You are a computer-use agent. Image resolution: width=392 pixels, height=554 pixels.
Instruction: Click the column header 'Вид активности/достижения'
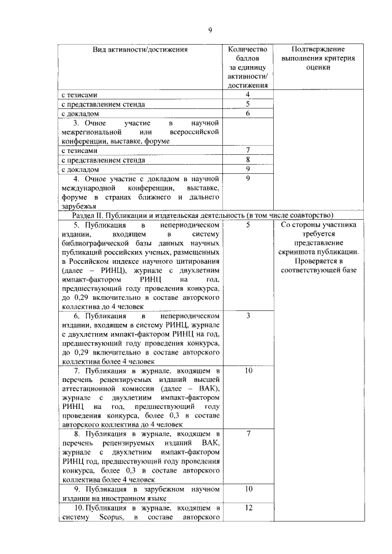pos(140,49)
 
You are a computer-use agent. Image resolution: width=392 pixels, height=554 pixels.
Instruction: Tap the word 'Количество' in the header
pos(247,49)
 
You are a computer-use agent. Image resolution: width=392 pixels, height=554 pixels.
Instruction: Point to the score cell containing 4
pos(247,95)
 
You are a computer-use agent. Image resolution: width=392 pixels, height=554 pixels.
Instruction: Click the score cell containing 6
pos(247,113)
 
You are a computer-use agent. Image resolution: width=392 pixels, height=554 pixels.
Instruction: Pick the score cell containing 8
pos(247,160)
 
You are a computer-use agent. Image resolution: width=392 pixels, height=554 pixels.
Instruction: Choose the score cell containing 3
pos(248,315)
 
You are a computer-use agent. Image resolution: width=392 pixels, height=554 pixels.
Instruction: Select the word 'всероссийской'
pos(192,132)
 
